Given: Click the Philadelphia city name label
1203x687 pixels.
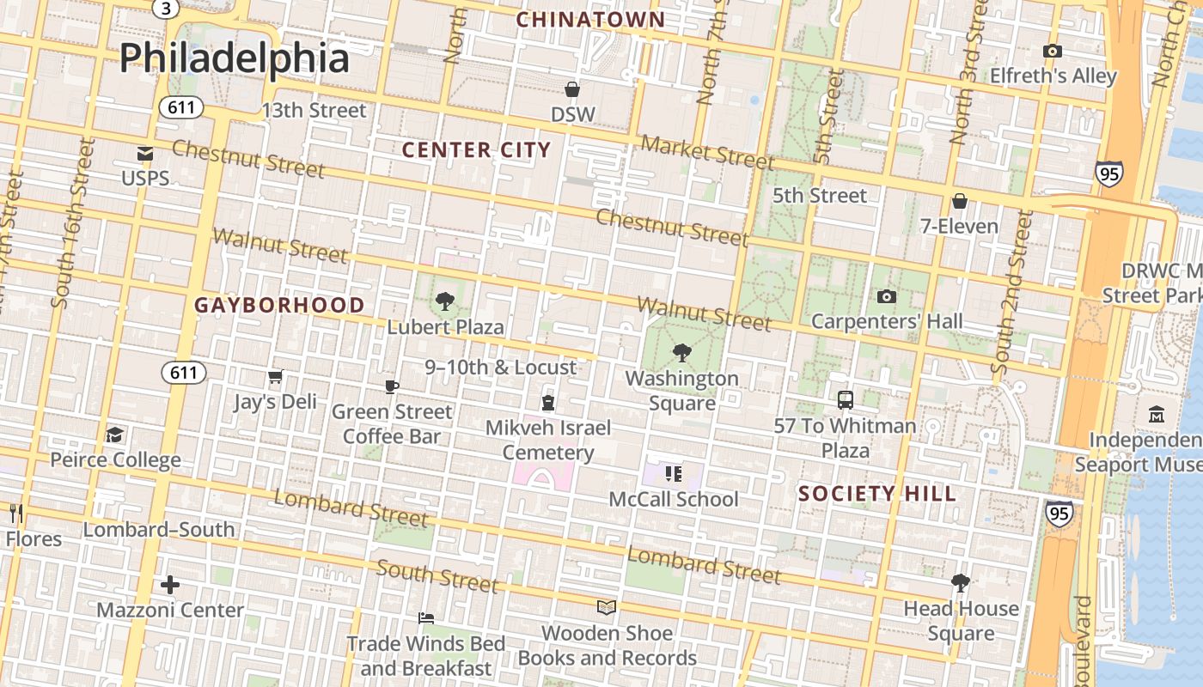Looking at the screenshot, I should (234, 58).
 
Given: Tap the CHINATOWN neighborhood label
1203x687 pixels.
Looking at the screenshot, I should (590, 19).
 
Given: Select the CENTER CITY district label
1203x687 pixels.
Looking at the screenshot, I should (476, 149).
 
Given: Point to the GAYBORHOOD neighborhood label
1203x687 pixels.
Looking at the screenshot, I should (279, 305).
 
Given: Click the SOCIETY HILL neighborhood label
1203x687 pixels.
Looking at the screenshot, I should (876, 494).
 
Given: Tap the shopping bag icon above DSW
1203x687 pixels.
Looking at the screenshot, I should (572, 89).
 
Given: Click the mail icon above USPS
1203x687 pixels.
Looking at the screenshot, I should (145, 155).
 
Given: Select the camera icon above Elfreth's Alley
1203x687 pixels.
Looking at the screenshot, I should (1052, 52).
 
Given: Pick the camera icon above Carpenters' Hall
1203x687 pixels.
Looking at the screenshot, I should (886, 297).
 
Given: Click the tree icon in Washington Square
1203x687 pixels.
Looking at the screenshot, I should (681, 352).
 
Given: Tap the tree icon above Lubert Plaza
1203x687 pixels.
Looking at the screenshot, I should (445, 301).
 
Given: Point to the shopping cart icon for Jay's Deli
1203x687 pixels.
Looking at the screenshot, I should (275, 377).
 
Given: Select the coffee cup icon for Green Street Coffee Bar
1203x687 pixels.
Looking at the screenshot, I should (392, 386).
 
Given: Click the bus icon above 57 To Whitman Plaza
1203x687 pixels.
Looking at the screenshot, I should (846, 400).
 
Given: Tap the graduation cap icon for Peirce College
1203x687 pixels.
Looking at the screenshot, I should (114, 435).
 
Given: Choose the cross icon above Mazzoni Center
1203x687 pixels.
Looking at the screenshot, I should (170, 586).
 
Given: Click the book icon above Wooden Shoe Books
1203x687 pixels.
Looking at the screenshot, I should (607, 608).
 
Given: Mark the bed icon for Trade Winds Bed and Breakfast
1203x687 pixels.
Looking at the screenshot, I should (425, 618).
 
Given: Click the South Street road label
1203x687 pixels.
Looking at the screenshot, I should (437, 576).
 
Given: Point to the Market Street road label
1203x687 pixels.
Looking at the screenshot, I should (707, 152).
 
